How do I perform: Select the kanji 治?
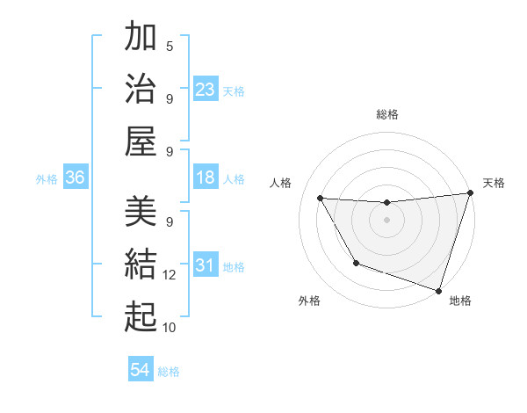pyautogui.click(x=141, y=88)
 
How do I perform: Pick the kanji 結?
pyautogui.click(x=141, y=263)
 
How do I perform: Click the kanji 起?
pyautogui.click(x=141, y=315)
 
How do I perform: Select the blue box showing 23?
pyautogui.click(x=206, y=90)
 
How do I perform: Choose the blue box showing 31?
pyautogui.click(x=206, y=266)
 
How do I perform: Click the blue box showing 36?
pyautogui.click(x=76, y=178)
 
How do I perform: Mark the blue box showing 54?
pyautogui.click(x=141, y=370)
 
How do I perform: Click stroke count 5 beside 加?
pyautogui.click(x=170, y=47)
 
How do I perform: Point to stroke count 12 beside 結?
pyautogui.click(x=170, y=276)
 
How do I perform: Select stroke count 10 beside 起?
pyautogui.click(x=170, y=327)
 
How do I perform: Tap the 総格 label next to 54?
pyautogui.click(x=169, y=372)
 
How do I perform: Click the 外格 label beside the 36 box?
pyautogui.click(x=47, y=179)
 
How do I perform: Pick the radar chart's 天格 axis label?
pyautogui.click(x=494, y=183)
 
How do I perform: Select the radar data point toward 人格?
pyautogui.click(x=321, y=198)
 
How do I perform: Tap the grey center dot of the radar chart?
pyautogui.click(x=386, y=220)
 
